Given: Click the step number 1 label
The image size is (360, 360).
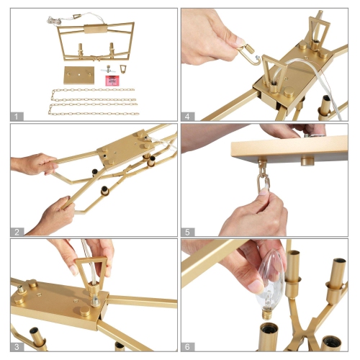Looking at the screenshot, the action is (x=17, y=117).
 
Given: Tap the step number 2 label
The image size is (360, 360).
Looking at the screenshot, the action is (x=17, y=232).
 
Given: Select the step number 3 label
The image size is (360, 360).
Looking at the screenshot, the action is (x=17, y=347).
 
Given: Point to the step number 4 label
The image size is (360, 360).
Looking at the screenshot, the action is (x=187, y=117).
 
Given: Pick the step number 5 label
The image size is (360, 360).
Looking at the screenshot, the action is (x=187, y=232).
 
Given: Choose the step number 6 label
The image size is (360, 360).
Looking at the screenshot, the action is (x=187, y=347).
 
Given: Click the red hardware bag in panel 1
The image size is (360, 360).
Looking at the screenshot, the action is (x=112, y=81).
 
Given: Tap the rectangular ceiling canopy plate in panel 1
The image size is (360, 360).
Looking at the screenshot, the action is (x=79, y=75).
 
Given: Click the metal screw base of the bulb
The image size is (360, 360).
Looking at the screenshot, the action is (x=266, y=315).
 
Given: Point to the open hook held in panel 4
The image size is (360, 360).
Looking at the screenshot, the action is (x=249, y=55).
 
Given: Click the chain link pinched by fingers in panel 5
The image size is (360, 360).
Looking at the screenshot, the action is (x=264, y=184).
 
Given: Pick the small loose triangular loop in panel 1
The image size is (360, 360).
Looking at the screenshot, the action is (x=122, y=69).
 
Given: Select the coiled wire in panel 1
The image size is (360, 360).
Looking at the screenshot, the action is (x=53, y=19).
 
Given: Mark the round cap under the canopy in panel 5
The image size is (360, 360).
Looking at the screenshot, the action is (x=307, y=161).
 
